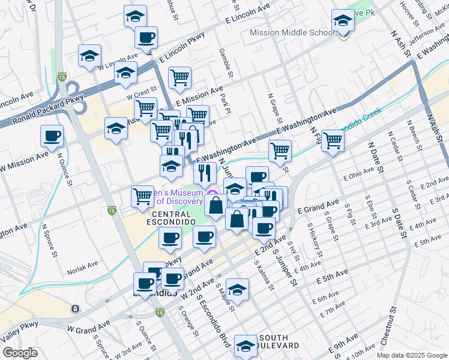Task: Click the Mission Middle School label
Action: [292, 33]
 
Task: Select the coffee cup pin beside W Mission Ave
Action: [52, 136]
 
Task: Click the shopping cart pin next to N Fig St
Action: [333, 141]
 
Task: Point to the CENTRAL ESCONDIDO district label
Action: [175, 218]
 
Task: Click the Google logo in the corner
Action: [20, 352]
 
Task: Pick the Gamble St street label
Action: [226, 63]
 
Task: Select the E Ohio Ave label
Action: [358, 176]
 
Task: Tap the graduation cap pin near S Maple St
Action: [238, 290]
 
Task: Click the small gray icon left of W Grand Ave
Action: [75, 309]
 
